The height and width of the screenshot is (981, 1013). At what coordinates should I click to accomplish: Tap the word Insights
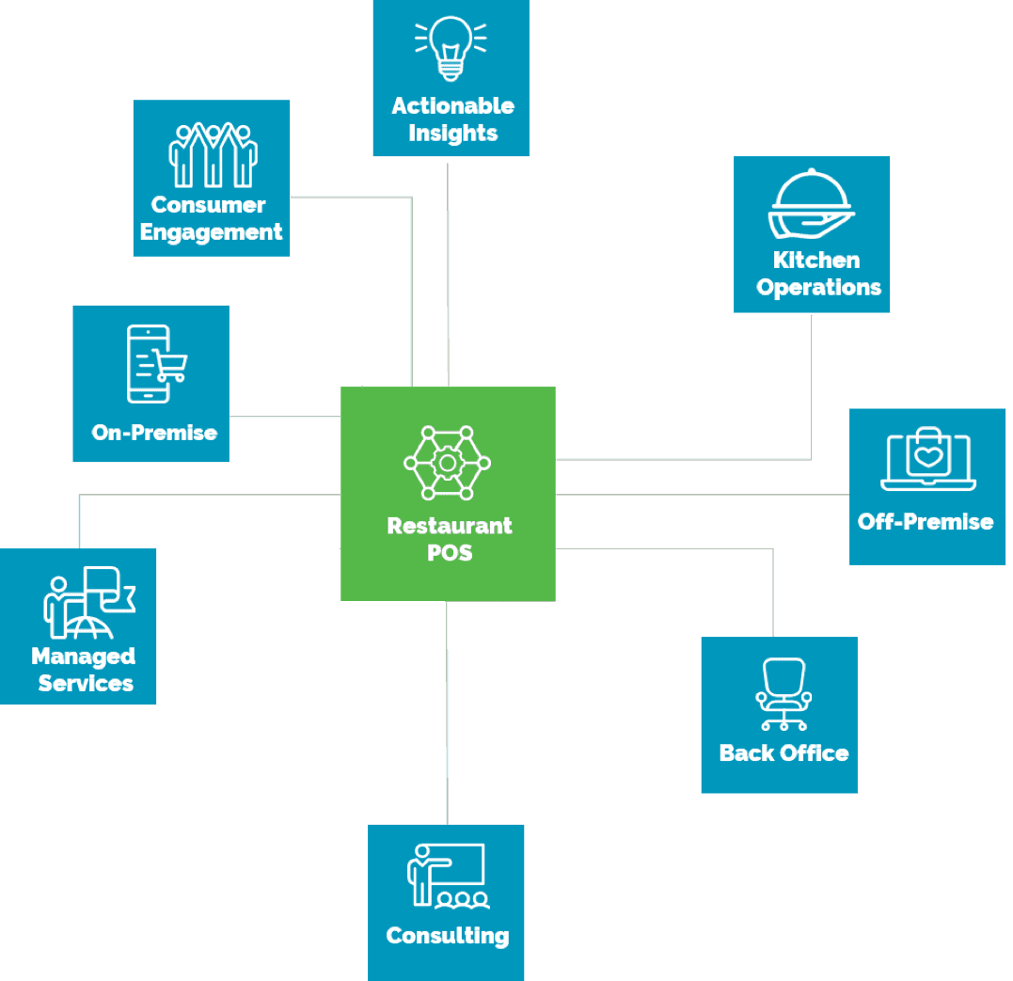(452, 133)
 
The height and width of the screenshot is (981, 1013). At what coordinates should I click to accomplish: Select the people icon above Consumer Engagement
(213, 155)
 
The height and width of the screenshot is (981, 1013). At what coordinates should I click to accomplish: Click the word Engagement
(212, 231)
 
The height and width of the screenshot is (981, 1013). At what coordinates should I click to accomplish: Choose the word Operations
(818, 287)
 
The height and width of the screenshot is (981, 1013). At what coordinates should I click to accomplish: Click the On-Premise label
(154, 433)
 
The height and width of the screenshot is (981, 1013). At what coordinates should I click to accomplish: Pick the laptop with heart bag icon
(927, 459)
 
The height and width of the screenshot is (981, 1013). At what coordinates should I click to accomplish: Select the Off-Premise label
(926, 521)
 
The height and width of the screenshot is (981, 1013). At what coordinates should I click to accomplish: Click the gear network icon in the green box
(447, 462)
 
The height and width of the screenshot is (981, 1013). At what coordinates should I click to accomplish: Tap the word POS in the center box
(450, 553)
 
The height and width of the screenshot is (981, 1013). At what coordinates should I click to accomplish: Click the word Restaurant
(450, 525)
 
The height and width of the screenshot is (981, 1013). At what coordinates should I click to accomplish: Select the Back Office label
(783, 752)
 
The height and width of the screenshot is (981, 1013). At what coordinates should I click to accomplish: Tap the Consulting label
(448, 936)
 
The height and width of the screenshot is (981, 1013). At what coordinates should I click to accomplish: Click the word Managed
(84, 656)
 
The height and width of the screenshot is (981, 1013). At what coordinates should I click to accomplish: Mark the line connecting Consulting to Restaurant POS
(447, 715)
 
